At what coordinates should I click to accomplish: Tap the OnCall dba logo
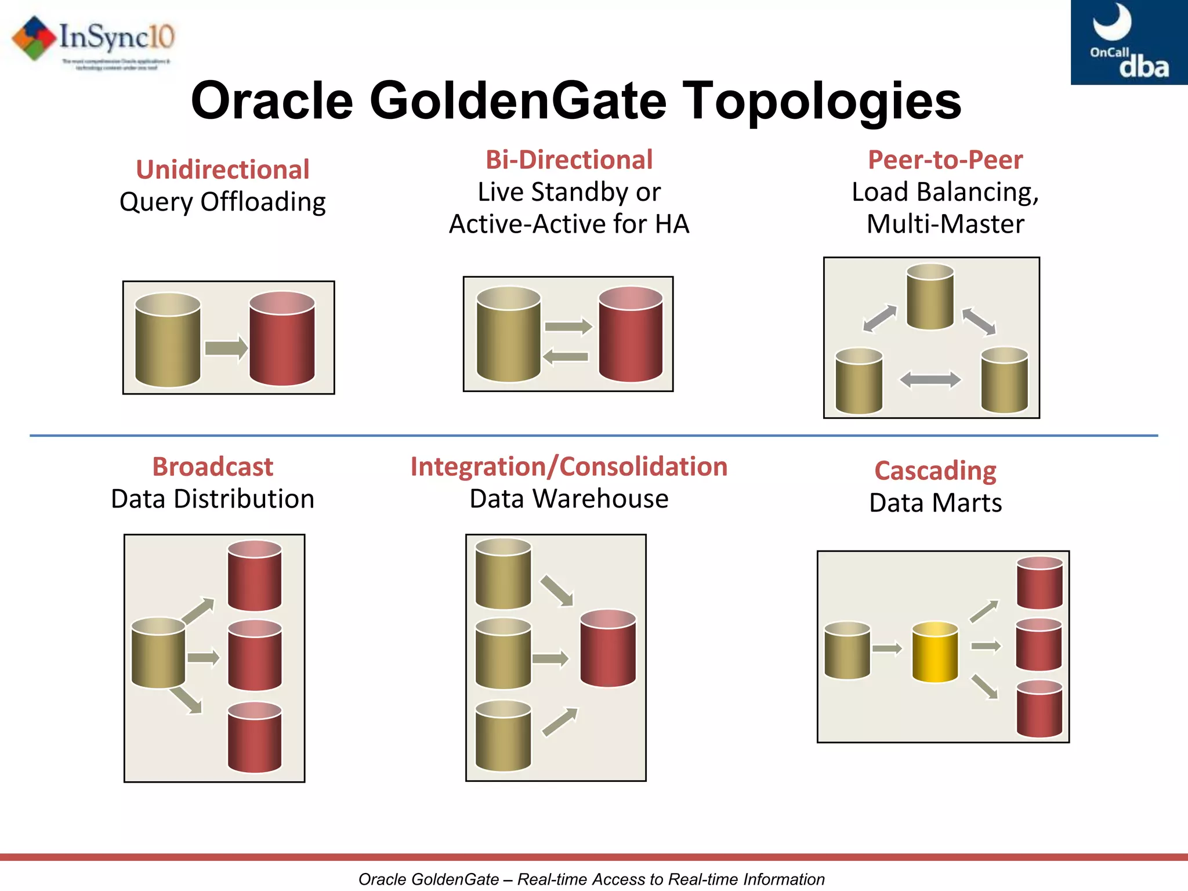(1128, 42)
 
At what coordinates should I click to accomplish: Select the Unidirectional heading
(222, 170)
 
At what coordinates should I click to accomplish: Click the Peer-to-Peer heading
(945, 160)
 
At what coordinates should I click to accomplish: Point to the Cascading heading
(935, 470)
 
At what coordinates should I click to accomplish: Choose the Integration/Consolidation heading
(568, 467)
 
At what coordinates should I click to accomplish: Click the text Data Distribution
(212, 499)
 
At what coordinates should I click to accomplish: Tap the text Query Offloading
(222, 202)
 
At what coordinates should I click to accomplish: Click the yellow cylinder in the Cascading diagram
(935, 652)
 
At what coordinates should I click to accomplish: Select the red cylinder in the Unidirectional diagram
(282, 339)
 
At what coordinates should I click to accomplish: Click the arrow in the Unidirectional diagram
(226, 348)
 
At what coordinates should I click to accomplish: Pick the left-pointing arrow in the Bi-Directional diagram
(566, 356)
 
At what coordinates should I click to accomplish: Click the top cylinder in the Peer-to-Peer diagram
(930, 297)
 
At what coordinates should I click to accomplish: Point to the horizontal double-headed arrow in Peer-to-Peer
(930, 381)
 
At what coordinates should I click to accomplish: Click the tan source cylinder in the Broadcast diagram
(158, 653)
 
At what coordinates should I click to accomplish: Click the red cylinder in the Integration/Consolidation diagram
(608, 648)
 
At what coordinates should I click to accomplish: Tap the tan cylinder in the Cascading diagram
(847, 650)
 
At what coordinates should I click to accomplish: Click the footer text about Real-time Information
(591, 879)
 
